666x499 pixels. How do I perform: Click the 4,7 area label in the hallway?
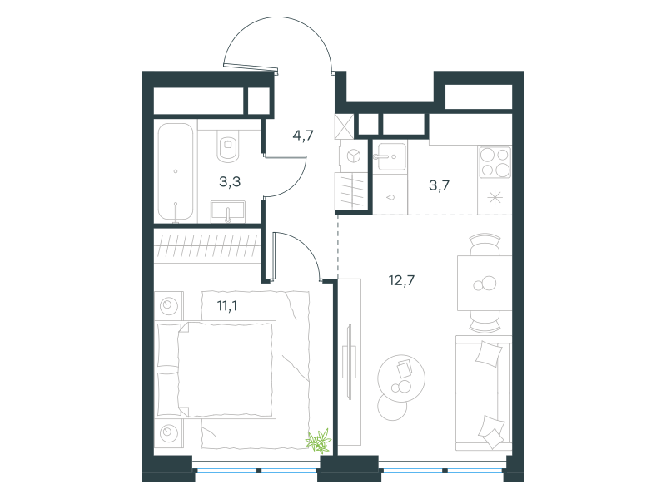tap(303, 136)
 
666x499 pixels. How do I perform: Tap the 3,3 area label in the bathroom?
tap(230, 181)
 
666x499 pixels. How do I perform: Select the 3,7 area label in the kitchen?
tap(439, 185)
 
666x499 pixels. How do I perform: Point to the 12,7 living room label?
tap(401, 280)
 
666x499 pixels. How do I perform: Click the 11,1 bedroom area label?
tap(227, 305)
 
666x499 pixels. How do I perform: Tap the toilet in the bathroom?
tap(228, 146)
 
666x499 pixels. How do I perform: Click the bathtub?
tap(176, 171)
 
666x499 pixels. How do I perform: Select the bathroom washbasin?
tap(228, 211)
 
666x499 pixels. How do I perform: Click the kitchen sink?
tap(391, 157)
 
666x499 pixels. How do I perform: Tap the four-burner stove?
tap(495, 162)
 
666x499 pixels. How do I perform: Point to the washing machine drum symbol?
tap(353, 156)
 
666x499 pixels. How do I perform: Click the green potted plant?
tap(319, 441)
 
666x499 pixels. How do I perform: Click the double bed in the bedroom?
tap(216, 369)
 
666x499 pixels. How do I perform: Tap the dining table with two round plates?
tap(485, 283)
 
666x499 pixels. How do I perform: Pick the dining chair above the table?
tap(485, 244)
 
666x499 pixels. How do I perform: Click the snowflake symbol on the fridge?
tap(495, 198)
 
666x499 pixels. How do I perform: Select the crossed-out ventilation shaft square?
tap(344, 126)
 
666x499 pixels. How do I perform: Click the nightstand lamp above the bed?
tap(169, 305)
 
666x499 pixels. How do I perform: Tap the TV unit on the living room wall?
tap(350, 362)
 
